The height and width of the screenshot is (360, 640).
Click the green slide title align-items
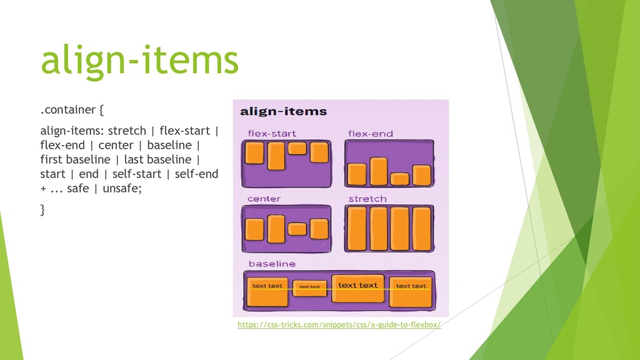point(139,61)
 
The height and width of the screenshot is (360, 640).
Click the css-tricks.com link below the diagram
point(339,325)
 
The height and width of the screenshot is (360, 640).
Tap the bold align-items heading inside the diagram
point(284,112)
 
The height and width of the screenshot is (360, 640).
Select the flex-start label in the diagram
point(272,133)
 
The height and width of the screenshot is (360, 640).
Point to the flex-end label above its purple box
point(371,133)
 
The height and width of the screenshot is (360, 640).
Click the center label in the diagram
point(264,199)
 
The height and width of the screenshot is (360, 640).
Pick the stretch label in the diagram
point(367,199)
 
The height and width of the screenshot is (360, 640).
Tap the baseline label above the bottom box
point(272,264)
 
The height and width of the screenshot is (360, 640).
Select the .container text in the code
point(68,111)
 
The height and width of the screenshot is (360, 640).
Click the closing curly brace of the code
point(42,210)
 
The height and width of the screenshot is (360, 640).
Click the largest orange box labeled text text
point(357,287)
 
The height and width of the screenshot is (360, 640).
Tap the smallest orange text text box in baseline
point(309,287)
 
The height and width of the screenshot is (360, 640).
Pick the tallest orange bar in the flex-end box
point(379,171)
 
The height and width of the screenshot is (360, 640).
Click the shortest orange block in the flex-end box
point(399,179)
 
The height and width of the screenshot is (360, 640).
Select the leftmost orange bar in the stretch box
point(357,228)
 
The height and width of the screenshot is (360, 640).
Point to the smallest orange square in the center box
point(297,229)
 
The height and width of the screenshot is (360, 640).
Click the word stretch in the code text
point(127,131)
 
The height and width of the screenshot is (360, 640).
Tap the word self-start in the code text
point(146,174)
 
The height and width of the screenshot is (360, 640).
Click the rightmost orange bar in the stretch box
point(422,228)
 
